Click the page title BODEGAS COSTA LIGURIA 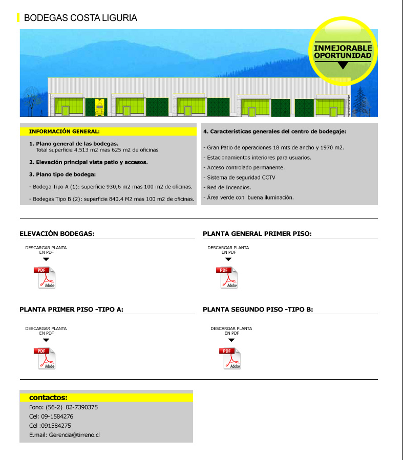point(80,18)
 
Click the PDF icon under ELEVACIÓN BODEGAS point(45,277)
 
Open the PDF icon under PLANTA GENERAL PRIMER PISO point(227,277)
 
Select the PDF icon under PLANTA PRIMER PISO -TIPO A point(45,358)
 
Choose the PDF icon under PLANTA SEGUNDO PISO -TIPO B point(230,358)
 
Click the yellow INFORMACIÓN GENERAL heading point(64,132)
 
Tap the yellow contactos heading point(49,398)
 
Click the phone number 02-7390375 point(81,407)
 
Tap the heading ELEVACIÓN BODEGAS point(57,234)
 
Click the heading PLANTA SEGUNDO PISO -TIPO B point(258,310)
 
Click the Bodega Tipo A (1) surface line point(111,187)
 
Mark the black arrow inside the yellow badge point(343,65)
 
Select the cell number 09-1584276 point(57,417)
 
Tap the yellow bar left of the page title point(18,18)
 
